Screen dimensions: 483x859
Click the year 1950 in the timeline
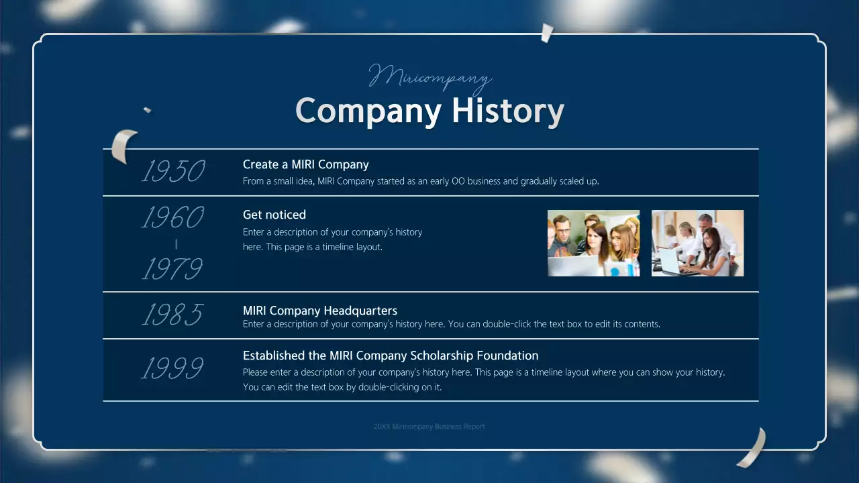[x=173, y=172]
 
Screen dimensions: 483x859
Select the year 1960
[x=172, y=217]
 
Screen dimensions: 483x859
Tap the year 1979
[x=172, y=269]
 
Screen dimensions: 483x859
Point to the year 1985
[x=172, y=314]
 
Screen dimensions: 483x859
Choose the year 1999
[x=172, y=368]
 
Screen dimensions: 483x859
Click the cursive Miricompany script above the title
[x=430, y=76]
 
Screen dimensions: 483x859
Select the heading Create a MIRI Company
[x=305, y=164]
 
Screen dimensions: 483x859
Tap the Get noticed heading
[x=274, y=215]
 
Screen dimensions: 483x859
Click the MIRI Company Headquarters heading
[x=319, y=311]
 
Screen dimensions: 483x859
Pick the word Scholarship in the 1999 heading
[x=440, y=356]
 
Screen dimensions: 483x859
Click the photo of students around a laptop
[x=593, y=243]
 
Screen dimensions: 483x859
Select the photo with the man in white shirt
[x=697, y=243]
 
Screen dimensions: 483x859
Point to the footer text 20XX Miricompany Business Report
[x=429, y=427]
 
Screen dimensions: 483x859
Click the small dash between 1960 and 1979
[x=176, y=244]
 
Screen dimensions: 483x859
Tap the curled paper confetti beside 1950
[x=123, y=146]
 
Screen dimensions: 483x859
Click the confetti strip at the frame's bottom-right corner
[x=752, y=447]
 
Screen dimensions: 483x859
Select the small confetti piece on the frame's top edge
[x=547, y=32]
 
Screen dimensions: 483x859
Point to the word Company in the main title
[x=368, y=111]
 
